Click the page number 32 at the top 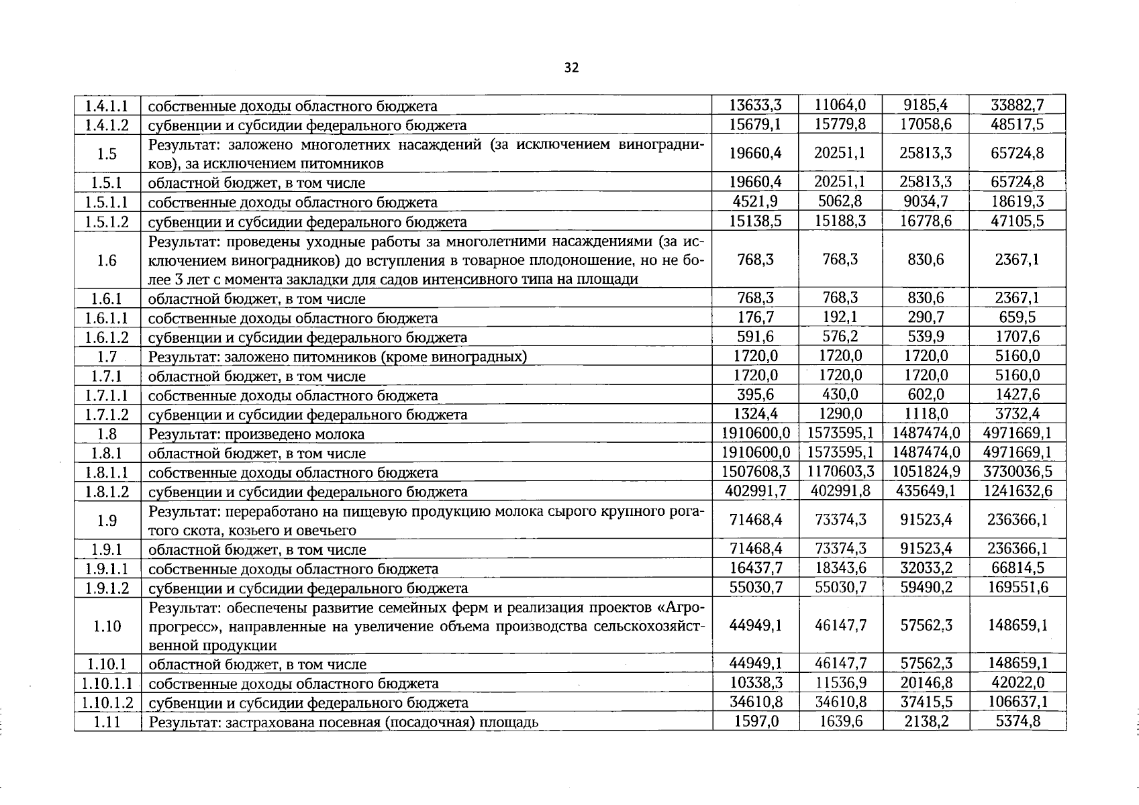coord(571,68)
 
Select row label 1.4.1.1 coord(107,106)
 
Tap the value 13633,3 coord(755,105)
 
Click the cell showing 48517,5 coord(1018,124)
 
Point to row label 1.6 coord(107,260)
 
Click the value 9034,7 coord(926,201)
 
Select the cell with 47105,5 coord(1018,221)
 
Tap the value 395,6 coord(755,394)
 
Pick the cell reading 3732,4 coord(1018,414)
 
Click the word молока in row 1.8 coord(342,434)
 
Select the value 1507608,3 coord(755,472)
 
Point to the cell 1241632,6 coord(1018,491)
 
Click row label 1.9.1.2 coord(107,588)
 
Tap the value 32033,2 coord(926,568)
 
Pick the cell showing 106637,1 coord(1018,702)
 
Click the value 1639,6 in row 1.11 coord(840,722)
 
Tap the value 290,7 coord(926,317)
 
